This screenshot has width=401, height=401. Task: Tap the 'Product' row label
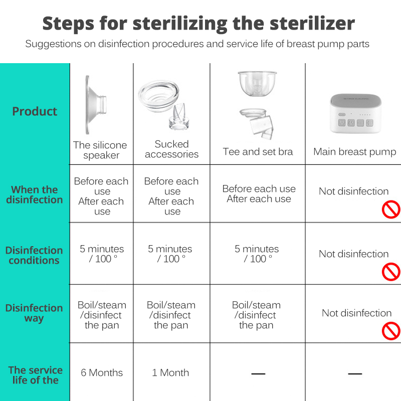(x=35, y=111)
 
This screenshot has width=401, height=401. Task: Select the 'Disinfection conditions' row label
(x=34, y=255)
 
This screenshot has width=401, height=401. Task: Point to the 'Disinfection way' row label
(x=34, y=313)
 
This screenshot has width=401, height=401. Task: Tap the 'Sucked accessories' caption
(x=171, y=149)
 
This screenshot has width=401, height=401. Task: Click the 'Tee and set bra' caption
(x=258, y=151)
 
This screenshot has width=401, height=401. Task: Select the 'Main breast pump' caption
(x=354, y=151)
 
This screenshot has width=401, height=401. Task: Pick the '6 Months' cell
(x=102, y=372)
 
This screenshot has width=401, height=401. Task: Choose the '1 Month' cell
(x=170, y=372)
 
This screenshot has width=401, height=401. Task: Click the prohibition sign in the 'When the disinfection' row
(x=391, y=210)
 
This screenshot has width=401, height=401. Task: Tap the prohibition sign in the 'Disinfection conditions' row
(x=391, y=272)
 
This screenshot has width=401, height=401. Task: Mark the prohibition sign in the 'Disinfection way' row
(x=391, y=331)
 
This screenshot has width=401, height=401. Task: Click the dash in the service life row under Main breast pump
(x=354, y=373)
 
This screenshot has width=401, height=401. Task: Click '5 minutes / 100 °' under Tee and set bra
(x=257, y=254)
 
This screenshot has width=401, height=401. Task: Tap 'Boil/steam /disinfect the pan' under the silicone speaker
(x=102, y=315)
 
